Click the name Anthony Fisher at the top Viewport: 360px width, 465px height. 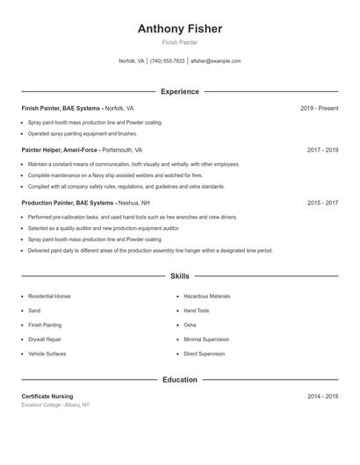[x=180, y=29]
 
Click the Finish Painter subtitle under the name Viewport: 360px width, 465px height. [x=180, y=42]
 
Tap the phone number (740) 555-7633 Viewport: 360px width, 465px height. [x=167, y=61]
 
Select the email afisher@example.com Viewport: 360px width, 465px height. [x=216, y=61]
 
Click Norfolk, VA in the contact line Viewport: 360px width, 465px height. [x=132, y=61]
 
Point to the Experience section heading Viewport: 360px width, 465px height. [x=180, y=91]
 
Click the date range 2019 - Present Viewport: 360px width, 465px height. [x=319, y=108]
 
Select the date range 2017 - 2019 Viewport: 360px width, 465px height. [x=322, y=150]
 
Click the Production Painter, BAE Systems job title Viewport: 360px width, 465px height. [x=68, y=203]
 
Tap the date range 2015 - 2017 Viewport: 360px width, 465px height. [x=322, y=203]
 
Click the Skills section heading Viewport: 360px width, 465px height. [x=180, y=276]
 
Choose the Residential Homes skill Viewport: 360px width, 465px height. [x=49, y=297]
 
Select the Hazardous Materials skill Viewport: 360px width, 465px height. [x=207, y=297]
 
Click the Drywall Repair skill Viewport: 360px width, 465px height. [x=45, y=339]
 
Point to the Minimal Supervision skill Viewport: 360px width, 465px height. [x=206, y=339]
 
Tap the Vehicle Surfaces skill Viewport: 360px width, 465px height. [x=47, y=354]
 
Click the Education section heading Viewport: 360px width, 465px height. [x=180, y=380]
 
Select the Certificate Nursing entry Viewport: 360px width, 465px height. [x=47, y=397]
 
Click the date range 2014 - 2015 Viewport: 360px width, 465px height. [x=322, y=397]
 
